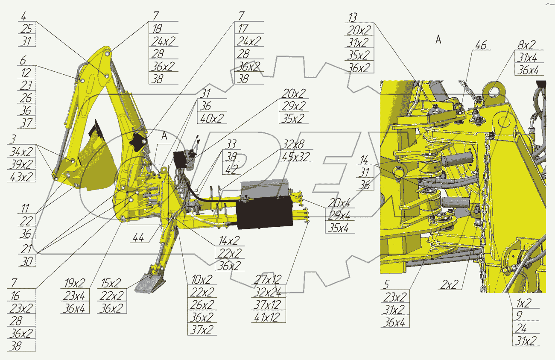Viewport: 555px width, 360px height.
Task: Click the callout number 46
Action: [x=480, y=45]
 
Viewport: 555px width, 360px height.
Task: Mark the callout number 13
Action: [x=353, y=17]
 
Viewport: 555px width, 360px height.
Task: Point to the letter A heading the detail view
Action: [x=438, y=40]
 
